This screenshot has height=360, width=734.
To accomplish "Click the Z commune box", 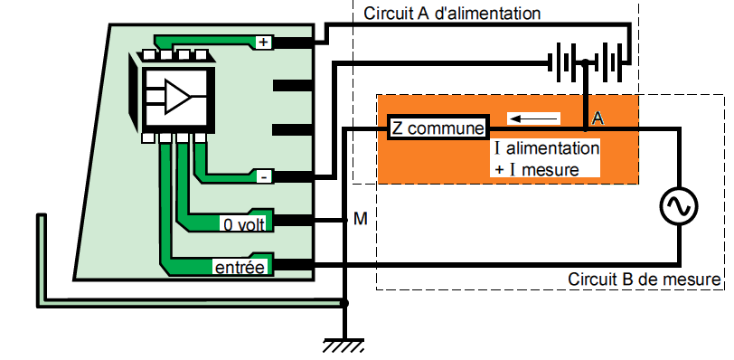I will pyautogui.click(x=438, y=128).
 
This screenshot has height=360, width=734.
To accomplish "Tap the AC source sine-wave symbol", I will pyautogui.click(x=678, y=207).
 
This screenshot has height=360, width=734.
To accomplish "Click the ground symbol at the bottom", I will pyautogui.click(x=344, y=343).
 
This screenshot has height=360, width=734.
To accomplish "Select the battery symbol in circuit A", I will pyautogui.click(x=586, y=62).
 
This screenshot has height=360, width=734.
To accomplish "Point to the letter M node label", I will pyautogui.click(x=359, y=220).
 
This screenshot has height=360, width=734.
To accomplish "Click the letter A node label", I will pyautogui.click(x=597, y=118).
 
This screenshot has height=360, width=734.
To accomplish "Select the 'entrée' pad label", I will pyautogui.click(x=239, y=267).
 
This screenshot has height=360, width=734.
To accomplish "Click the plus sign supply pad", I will pyautogui.click(x=264, y=43).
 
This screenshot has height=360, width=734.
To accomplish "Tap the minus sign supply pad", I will pyautogui.click(x=263, y=176).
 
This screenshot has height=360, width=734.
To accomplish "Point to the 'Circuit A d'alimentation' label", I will pyautogui.click(x=451, y=14).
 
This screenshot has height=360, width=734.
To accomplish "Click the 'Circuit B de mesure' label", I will pyautogui.click(x=645, y=279).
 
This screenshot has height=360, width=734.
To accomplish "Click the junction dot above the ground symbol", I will pyautogui.click(x=344, y=302).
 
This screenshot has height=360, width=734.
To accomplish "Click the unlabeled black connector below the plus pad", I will pyautogui.click(x=293, y=86).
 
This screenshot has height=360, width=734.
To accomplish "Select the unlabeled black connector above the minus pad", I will pyautogui.click(x=293, y=129).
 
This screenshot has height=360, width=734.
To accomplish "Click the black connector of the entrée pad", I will pyautogui.click(x=293, y=265).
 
